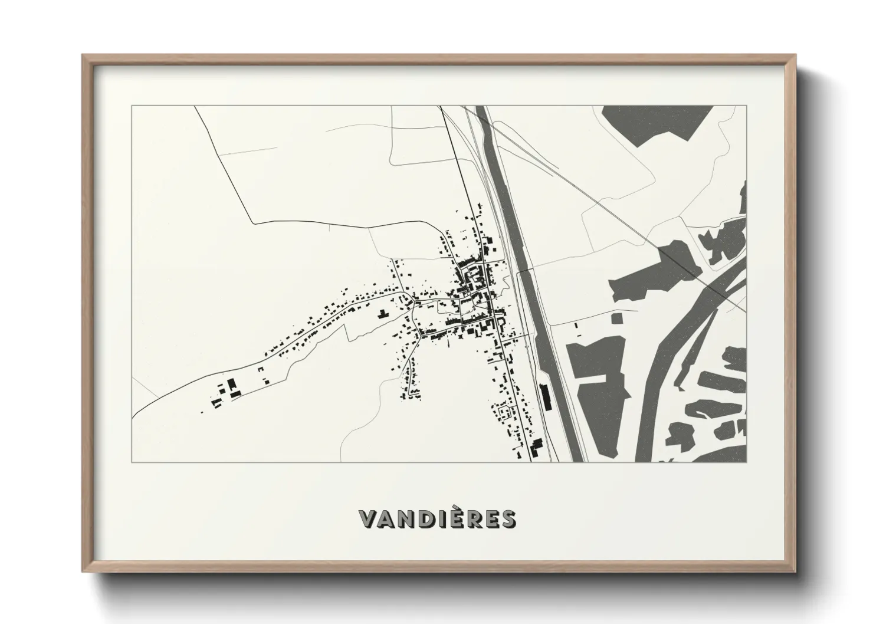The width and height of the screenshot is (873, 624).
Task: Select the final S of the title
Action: pyautogui.click(x=507, y=518)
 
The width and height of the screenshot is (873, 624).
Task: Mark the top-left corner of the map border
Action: pyautogui.click(x=132, y=106)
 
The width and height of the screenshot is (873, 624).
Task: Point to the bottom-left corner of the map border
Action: pyautogui.click(x=132, y=462)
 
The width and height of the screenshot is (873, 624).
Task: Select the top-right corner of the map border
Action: pyautogui.click(x=747, y=106)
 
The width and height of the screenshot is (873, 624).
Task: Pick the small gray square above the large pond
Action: pyautogui.click(x=616, y=318)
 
